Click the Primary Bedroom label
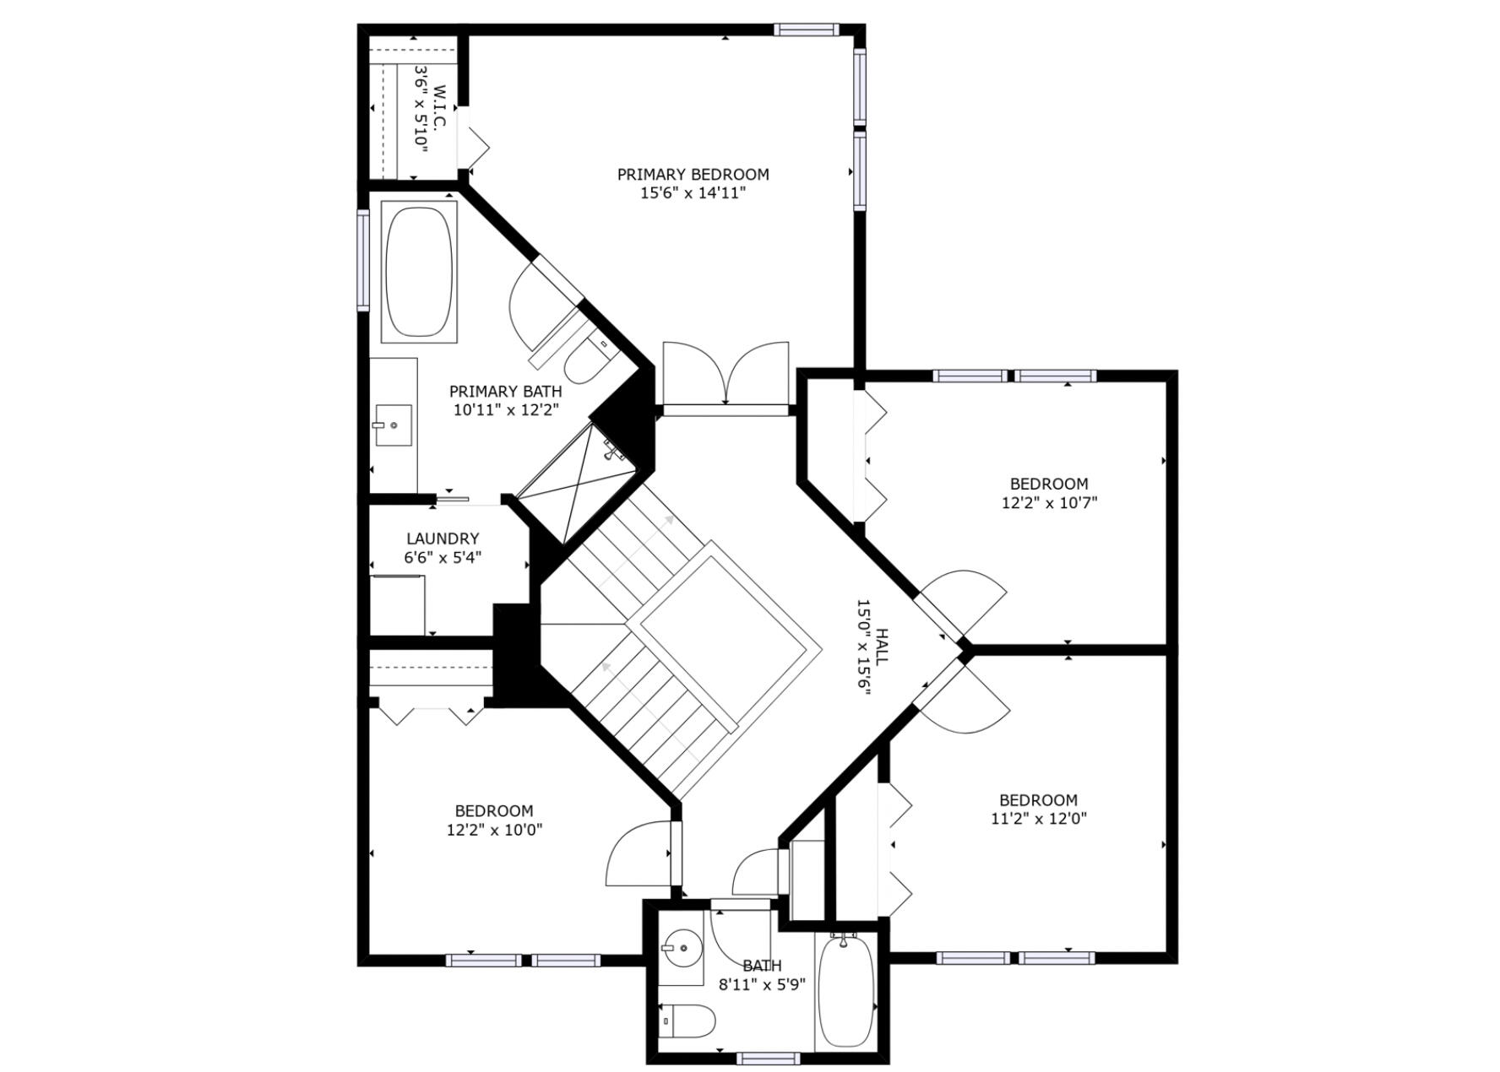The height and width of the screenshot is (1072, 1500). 693,175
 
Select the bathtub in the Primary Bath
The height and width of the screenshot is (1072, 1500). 419,271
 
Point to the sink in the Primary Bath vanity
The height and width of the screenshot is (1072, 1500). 394,425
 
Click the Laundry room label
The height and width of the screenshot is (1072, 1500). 443,539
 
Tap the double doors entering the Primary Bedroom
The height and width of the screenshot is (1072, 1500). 726,376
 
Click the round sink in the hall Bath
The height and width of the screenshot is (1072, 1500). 682,947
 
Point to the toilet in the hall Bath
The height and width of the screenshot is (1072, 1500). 687,1021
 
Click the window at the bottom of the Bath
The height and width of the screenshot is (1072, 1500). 768,1058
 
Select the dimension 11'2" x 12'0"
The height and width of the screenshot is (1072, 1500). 1038,819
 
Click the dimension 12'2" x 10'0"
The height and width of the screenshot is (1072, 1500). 494,830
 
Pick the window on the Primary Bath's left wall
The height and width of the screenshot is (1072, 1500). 363,260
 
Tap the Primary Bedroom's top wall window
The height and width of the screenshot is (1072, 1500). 807,30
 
